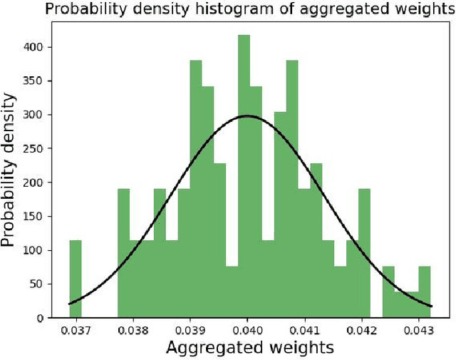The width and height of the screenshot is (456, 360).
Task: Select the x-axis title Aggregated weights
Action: click(249, 348)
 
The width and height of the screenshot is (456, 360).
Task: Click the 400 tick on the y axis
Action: click(36, 47)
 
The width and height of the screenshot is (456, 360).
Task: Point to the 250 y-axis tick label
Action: click(36, 148)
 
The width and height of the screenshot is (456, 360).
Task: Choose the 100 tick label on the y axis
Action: click(36, 250)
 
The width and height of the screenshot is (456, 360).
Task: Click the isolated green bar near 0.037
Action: click(76, 278)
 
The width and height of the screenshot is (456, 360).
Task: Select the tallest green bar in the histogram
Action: click(244, 178)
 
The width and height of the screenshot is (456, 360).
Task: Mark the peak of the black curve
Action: click(247, 115)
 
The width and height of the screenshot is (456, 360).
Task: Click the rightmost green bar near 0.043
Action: click(425, 292)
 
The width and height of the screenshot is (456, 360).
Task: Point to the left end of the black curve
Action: click(70, 304)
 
